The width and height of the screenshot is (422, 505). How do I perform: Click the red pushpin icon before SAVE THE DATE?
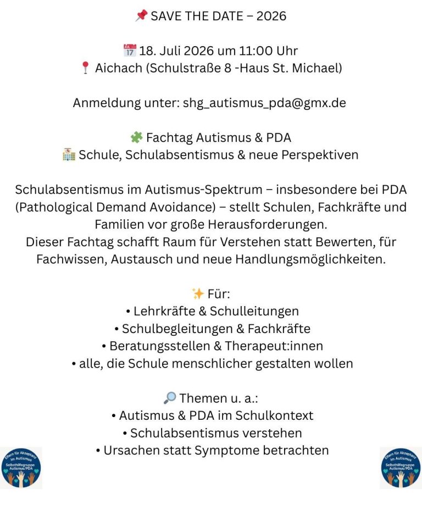tap(141, 16)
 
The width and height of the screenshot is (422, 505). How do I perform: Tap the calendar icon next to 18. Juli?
tap(130, 51)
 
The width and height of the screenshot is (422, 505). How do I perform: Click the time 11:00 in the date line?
tap(256, 51)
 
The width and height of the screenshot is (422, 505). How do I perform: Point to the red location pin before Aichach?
tap(85, 68)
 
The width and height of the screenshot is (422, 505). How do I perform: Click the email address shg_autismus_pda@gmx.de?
tap(264, 103)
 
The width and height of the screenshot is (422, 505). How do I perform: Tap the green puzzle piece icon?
tap(136, 137)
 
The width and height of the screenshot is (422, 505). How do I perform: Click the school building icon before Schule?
tap(69, 155)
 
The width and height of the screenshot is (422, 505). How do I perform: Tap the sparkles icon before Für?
tap(198, 294)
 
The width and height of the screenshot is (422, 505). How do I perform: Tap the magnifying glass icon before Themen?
tap(169, 398)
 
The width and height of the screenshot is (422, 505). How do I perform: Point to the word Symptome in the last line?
tap(231, 450)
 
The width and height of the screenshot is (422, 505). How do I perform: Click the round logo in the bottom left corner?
tap(21, 468)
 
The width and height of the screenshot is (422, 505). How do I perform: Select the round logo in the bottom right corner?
tap(401, 468)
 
